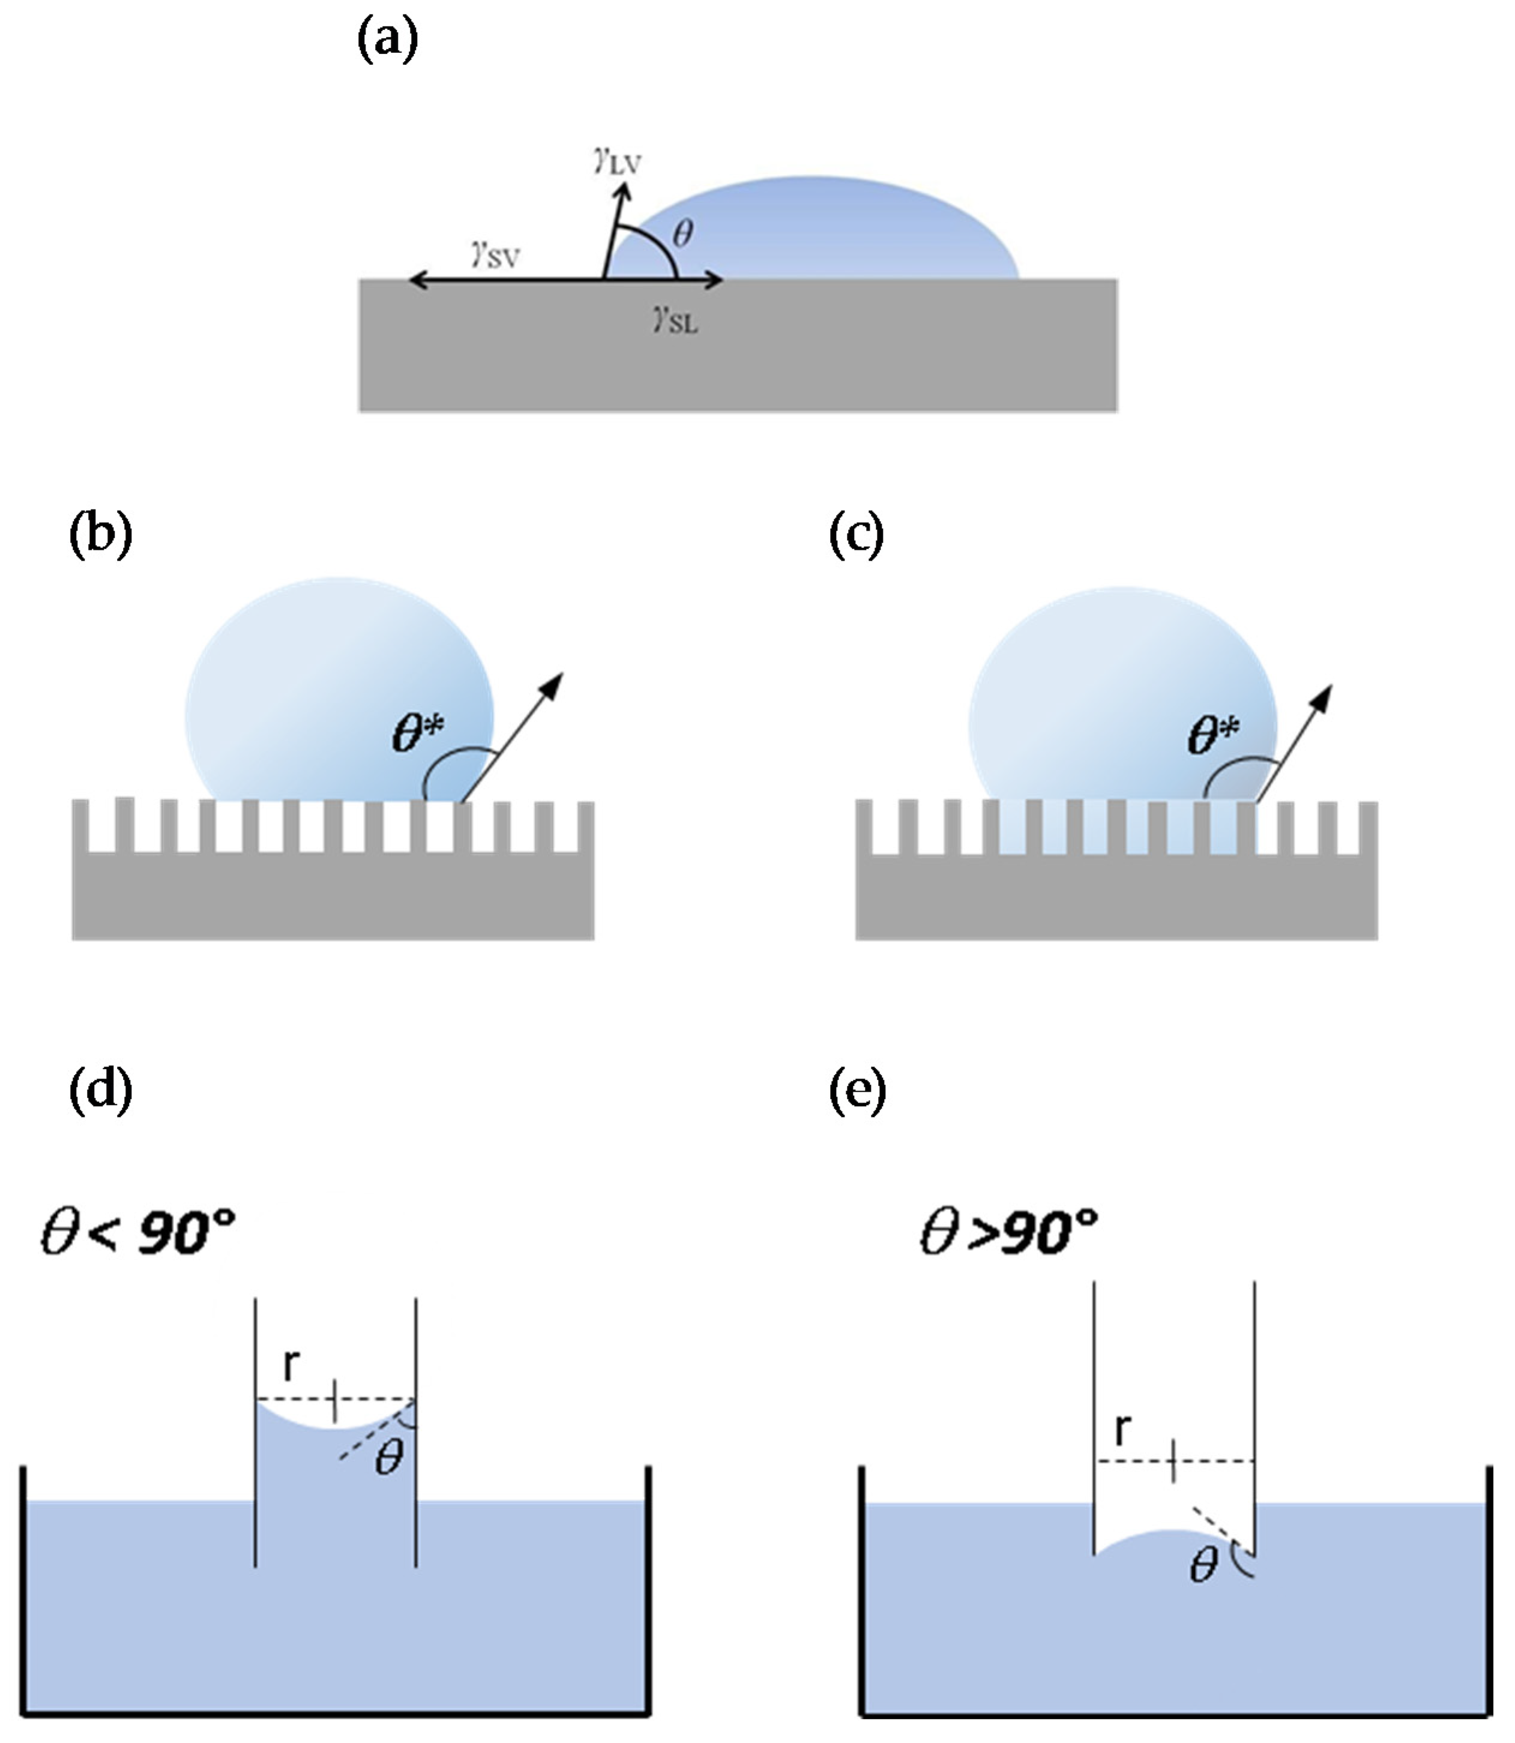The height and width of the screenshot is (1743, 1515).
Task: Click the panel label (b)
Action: point(101,535)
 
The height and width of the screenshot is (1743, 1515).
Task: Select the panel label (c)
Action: point(857,535)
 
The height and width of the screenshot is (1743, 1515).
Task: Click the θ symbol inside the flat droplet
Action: point(682,232)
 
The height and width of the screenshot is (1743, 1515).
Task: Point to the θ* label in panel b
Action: point(418,733)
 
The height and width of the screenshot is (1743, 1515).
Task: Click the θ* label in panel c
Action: point(1213,735)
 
